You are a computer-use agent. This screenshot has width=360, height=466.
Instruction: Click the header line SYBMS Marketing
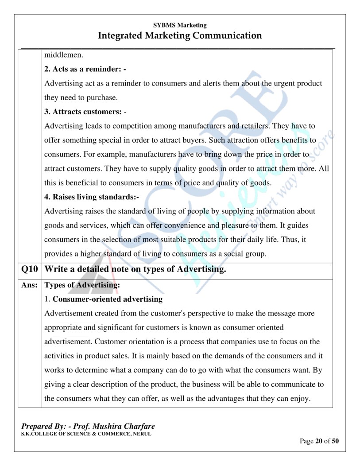pos(180,26)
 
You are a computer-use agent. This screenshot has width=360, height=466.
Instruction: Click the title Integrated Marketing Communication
pos(180,35)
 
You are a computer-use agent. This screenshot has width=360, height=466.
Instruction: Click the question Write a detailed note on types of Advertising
pos(135,269)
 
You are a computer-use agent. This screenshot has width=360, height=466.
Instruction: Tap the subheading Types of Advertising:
pos(82,285)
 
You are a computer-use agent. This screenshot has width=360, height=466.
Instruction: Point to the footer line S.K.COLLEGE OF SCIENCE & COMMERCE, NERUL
pos(86,434)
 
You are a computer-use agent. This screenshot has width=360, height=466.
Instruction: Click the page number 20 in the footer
pos(319,441)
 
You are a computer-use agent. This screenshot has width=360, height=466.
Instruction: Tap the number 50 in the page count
pos(335,441)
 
